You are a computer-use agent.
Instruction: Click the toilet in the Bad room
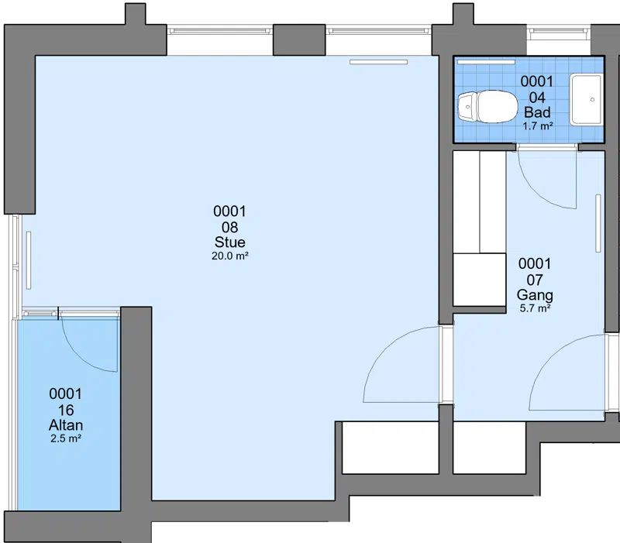488,107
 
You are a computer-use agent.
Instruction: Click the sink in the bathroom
587,99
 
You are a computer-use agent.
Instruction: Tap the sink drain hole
592,100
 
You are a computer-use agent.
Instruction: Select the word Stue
229,242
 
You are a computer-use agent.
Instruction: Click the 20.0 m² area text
229,256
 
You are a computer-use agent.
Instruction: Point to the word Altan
66,425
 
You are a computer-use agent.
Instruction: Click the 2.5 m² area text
66,438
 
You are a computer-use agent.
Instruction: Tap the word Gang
535,295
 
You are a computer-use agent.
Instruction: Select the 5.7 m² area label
535,308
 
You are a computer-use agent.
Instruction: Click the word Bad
537,112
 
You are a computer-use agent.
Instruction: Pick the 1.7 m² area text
537,126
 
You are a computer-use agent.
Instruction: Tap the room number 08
229,227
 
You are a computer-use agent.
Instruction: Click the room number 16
66,411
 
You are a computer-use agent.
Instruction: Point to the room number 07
535,280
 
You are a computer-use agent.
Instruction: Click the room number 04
537,98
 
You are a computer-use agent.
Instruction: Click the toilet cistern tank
467,107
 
